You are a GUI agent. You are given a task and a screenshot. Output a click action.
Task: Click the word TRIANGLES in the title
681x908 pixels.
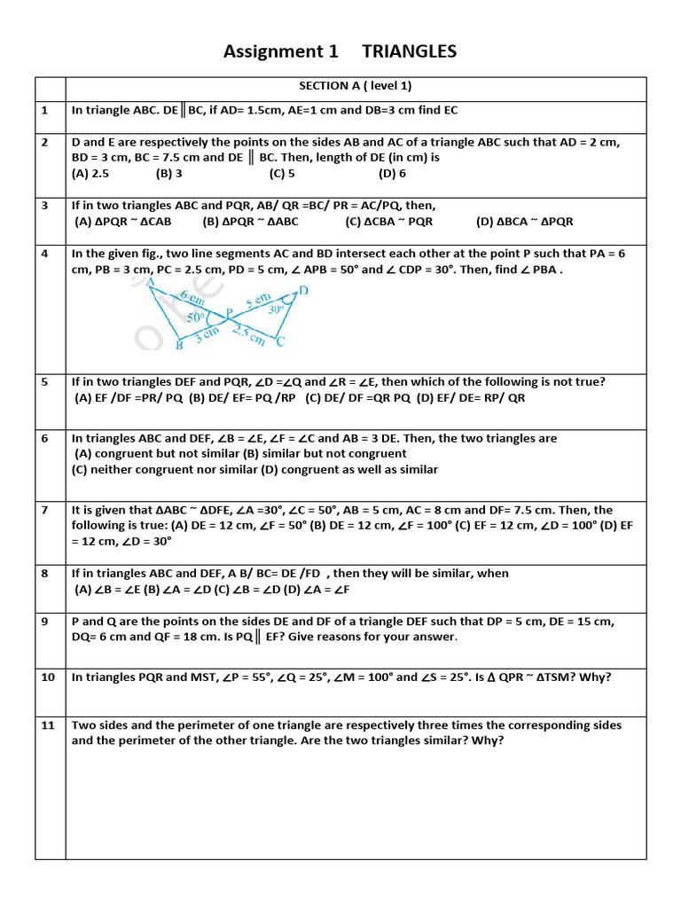[409, 51]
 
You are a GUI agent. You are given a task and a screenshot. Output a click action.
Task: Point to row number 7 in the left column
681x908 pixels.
[44, 510]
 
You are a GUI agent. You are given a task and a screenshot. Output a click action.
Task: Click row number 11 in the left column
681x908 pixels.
[47, 724]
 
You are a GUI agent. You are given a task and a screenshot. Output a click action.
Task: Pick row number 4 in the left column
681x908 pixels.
[44, 253]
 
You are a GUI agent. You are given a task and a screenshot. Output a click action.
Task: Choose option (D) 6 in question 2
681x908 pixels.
[392, 174]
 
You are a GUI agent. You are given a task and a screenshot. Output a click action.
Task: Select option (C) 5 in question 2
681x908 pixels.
[282, 174]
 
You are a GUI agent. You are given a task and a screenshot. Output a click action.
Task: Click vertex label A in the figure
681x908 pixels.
[150, 282]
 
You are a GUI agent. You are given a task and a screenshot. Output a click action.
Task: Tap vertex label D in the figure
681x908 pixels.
[304, 290]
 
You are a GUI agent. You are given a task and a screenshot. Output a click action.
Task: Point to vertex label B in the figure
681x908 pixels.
[178, 345]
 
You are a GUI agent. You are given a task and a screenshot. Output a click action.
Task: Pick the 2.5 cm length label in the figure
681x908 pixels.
[248, 334]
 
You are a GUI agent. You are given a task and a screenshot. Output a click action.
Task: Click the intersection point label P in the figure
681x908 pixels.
[229, 312]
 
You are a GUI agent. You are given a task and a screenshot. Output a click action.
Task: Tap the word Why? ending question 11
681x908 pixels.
[487, 740]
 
